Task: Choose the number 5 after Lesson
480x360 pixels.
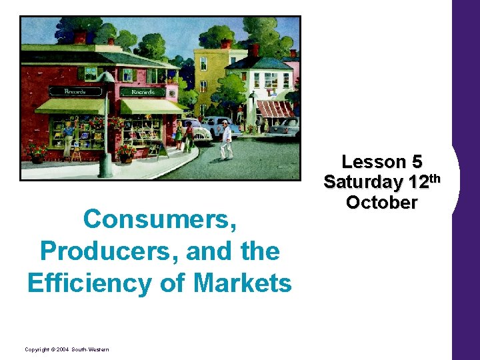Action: point(417,162)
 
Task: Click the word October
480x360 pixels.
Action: point(382,203)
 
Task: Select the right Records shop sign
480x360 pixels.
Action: point(144,92)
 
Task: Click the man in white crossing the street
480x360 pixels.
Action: point(227,139)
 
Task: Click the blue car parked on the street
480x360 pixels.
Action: point(217,125)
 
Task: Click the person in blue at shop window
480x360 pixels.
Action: point(68,137)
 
